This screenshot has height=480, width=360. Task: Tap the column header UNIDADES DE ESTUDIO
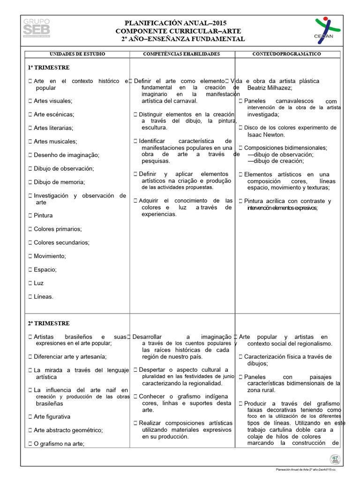point(77,54)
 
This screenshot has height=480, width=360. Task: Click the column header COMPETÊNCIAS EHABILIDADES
point(181,54)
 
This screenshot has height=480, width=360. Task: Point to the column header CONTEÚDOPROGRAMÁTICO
point(287,54)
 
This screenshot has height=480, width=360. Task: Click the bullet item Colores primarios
point(58,229)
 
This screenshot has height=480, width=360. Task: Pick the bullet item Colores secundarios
point(61,242)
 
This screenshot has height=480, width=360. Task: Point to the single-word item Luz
point(38,283)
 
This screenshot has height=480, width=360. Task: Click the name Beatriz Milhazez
point(270,88)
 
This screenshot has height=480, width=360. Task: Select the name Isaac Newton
point(266,135)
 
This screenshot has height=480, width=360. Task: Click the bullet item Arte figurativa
point(52,416)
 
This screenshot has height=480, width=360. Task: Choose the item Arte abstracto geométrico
point(68,430)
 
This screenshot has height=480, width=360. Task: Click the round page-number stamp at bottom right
point(335,459)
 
